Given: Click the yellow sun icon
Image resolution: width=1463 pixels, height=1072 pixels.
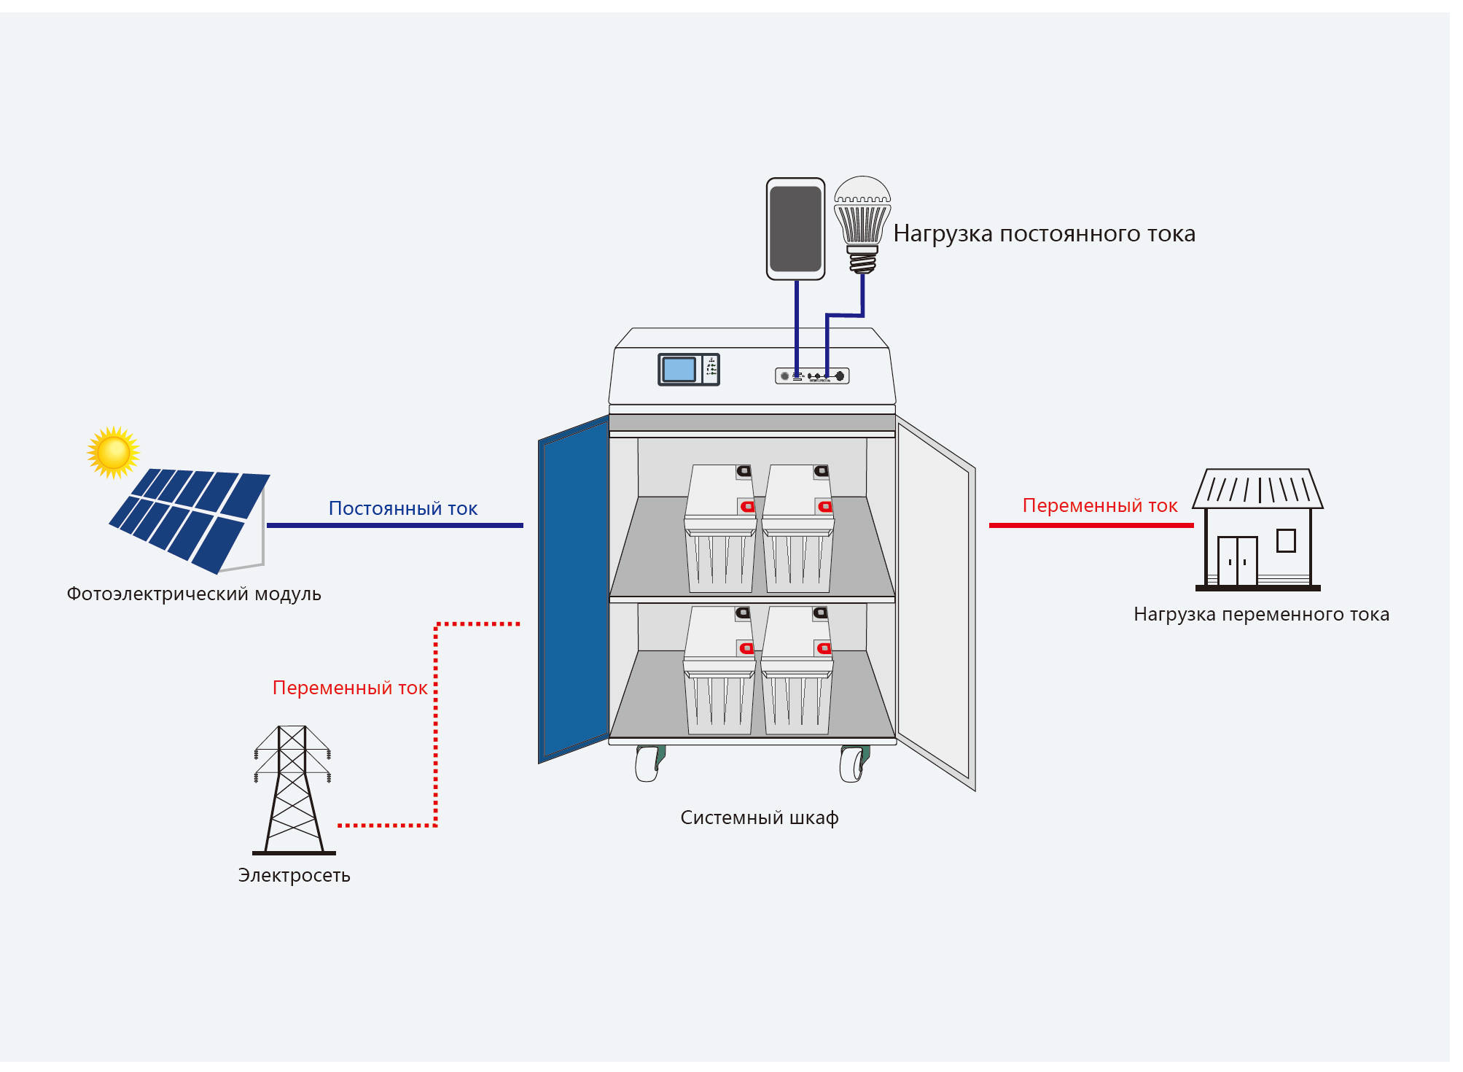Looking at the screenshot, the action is coord(113,452).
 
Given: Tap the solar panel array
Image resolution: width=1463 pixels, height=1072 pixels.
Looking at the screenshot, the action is coord(190,520).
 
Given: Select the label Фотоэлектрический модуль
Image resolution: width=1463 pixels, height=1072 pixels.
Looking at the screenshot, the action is coord(194,594).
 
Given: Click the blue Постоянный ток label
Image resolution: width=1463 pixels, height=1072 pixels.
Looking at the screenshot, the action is coord(402,508).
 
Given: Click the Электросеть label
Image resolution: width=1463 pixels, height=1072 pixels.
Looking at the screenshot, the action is coord(294,875).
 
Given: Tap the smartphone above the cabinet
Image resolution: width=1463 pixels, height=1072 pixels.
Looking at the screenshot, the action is coord(795,229).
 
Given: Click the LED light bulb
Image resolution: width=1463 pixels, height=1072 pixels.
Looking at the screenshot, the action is coord(862,225).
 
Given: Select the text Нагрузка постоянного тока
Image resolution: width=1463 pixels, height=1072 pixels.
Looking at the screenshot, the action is coord(1044,233).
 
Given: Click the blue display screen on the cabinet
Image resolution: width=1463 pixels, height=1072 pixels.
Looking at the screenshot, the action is coord(679,370).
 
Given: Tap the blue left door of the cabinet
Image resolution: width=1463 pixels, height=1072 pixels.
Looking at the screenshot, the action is coord(574,589).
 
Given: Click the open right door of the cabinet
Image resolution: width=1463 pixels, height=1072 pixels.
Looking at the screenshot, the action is coord(935,602).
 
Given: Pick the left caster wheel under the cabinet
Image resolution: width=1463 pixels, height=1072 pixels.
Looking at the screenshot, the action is coord(649,764).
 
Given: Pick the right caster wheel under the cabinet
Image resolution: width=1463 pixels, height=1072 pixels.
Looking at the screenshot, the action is coord(854,764).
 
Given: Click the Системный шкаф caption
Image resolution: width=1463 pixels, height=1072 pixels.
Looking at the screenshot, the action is coord(760,818).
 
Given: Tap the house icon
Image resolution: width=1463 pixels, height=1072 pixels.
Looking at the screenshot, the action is coord(1257,529).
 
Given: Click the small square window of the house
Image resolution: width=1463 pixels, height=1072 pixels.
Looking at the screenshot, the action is coord(1286,540).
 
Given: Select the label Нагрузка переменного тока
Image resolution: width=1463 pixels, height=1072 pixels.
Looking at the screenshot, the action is coord(1261,615).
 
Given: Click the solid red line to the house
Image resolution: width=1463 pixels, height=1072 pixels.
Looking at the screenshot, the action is coord(1091,525).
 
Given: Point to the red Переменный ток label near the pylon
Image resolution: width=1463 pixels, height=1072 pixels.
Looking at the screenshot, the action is coord(350,688).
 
